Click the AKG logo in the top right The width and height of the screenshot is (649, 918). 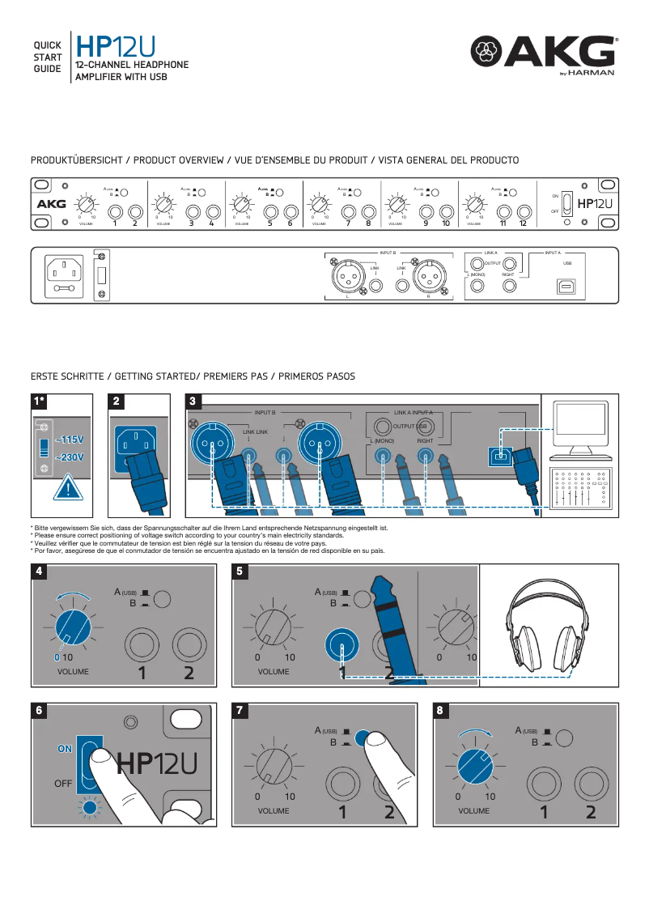pos(544,56)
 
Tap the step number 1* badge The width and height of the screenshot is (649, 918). pos(38,401)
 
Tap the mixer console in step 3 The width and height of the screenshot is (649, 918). pos(579,489)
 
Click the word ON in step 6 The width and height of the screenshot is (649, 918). pos(65,749)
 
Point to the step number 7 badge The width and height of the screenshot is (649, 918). pos(240,710)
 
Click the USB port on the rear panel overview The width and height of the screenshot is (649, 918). pos(566,287)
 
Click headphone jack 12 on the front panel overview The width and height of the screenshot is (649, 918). pos(524,212)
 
